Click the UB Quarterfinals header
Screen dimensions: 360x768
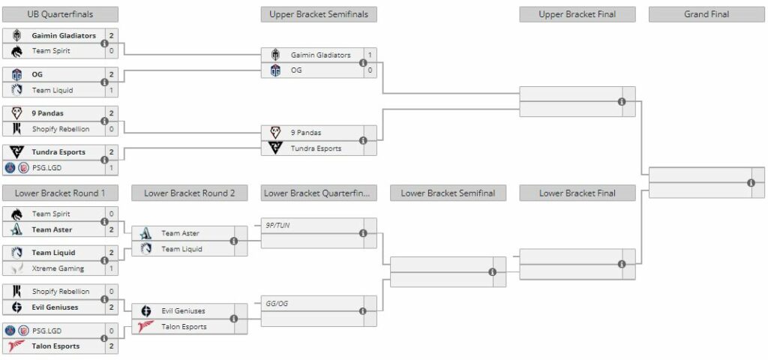point(61,14)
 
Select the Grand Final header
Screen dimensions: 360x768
point(706,14)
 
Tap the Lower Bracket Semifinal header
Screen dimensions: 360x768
point(448,193)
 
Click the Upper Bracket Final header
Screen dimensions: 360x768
point(577,14)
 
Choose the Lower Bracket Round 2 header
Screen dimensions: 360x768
point(190,193)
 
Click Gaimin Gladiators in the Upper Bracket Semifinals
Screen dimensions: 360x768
point(320,55)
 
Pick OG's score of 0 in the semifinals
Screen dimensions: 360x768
point(370,70)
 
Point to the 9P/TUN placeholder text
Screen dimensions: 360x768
point(277,224)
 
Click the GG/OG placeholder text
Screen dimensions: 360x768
point(277,304)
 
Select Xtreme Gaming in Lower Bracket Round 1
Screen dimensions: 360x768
point(58,268)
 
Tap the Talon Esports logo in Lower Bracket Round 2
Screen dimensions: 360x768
point(146,327)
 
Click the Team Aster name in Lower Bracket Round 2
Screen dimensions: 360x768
point(180,233)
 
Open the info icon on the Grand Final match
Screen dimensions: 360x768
point(751,183)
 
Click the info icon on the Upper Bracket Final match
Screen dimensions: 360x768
point(622,102)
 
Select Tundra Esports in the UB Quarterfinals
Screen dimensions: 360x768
point(58,152)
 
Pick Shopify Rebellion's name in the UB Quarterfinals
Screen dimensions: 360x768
point(61,129)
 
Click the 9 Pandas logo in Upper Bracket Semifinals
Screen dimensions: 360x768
point(275,132)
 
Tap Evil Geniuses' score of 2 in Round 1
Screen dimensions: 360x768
point(111,307)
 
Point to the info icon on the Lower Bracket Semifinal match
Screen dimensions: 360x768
point(493,272)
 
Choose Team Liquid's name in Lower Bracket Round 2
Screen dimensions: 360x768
point(181,249)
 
